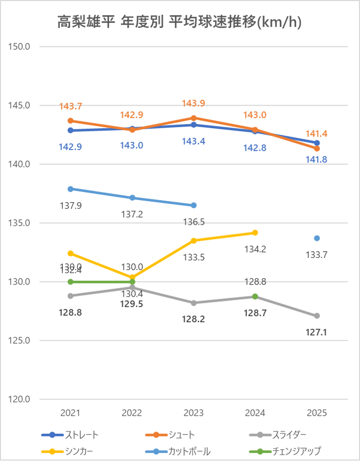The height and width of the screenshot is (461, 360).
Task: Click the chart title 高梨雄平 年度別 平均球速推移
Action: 179,22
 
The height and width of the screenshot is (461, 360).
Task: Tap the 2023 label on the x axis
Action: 194,413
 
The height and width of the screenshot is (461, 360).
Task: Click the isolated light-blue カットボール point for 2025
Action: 317,238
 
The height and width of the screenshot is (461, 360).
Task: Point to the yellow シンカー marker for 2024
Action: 255,233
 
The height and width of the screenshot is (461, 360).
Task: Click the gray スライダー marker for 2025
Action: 317,316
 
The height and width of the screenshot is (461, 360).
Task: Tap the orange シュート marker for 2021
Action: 71,121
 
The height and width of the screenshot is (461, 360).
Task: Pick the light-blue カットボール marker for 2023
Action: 194,205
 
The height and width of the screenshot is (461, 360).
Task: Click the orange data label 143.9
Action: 194,103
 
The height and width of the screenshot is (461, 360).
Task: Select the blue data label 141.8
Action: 317,159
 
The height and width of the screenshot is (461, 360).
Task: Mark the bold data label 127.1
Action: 317,332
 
